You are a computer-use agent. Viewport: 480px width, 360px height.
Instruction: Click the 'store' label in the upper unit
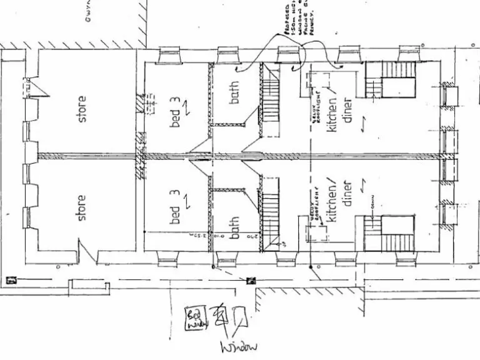coord(82,108)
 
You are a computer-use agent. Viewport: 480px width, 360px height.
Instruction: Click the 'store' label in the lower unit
coord(81,207)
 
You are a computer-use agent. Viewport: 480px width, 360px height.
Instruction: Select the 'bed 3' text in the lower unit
coord(177,206)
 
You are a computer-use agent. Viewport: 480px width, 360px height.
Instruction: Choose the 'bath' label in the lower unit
coord(234,226)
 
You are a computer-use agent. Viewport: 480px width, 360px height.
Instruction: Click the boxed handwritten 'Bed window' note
coord(193,317)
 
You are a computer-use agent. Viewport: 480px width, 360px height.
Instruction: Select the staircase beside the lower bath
coord(270,212)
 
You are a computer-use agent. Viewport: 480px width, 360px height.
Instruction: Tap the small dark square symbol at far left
coord(11,281)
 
